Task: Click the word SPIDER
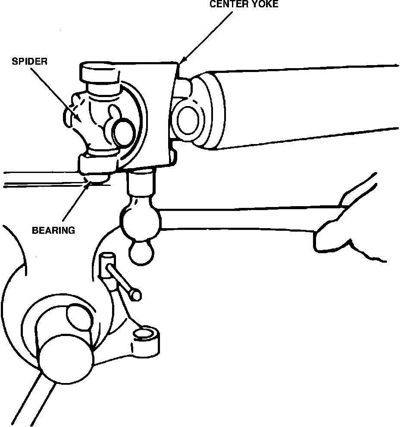[29, 61]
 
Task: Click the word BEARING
[53, 230]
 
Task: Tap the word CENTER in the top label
[225, 5]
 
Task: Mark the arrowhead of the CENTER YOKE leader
[182, 60]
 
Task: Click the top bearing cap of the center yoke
[100, 73]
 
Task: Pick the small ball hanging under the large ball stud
[141, 252]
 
